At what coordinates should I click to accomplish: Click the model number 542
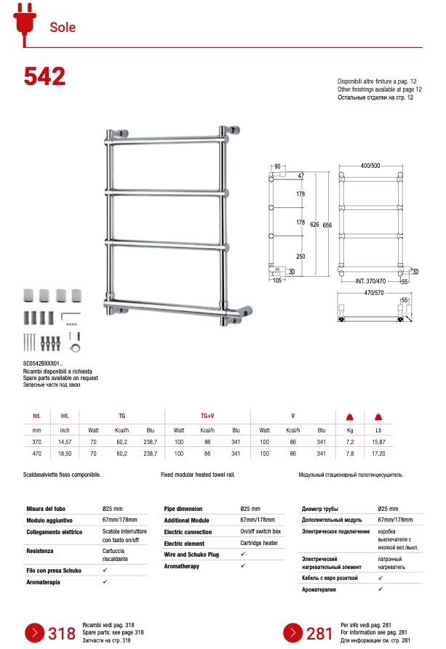coord(44,76)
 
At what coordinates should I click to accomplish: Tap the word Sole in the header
coord(63,28)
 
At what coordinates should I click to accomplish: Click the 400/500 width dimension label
coord(370,166)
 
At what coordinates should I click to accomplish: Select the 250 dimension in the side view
coord(300,256)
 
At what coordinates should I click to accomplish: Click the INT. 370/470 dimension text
coord(370,281)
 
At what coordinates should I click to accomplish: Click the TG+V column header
coord(207,416)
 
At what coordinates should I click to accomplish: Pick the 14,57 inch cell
coord(65,441)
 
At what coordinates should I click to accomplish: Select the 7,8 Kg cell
coord(349,453)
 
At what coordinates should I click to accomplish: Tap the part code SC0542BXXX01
coord(43,363)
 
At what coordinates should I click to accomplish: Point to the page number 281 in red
coord(319,634)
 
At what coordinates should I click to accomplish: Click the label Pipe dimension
coord(183,509)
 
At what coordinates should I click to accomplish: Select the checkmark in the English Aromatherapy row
coord(243,565)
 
